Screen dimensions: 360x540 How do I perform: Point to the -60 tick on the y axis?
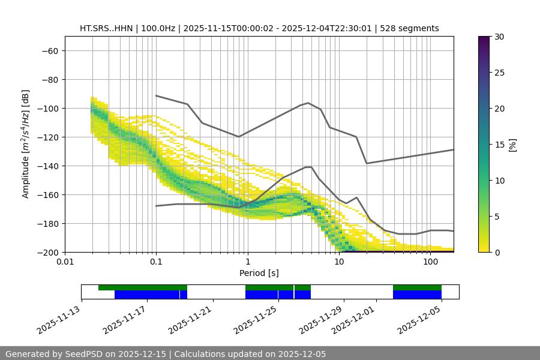[50, 51]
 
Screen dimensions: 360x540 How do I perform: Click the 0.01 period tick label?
[65, 262]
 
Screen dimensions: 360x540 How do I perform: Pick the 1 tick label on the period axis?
[248, 262]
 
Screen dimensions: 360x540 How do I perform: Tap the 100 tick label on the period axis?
[430, 262]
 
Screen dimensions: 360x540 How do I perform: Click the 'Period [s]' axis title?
[259, 273]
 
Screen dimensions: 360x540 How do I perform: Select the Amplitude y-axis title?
[26, 144]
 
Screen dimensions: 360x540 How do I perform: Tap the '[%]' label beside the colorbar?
[512, 145]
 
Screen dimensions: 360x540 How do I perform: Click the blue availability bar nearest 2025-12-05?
[417, 295]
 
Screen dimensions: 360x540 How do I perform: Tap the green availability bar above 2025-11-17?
[143, 287]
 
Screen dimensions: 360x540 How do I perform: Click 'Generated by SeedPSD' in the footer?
[60, 354]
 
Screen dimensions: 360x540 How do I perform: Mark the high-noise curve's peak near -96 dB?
[308, 103]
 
